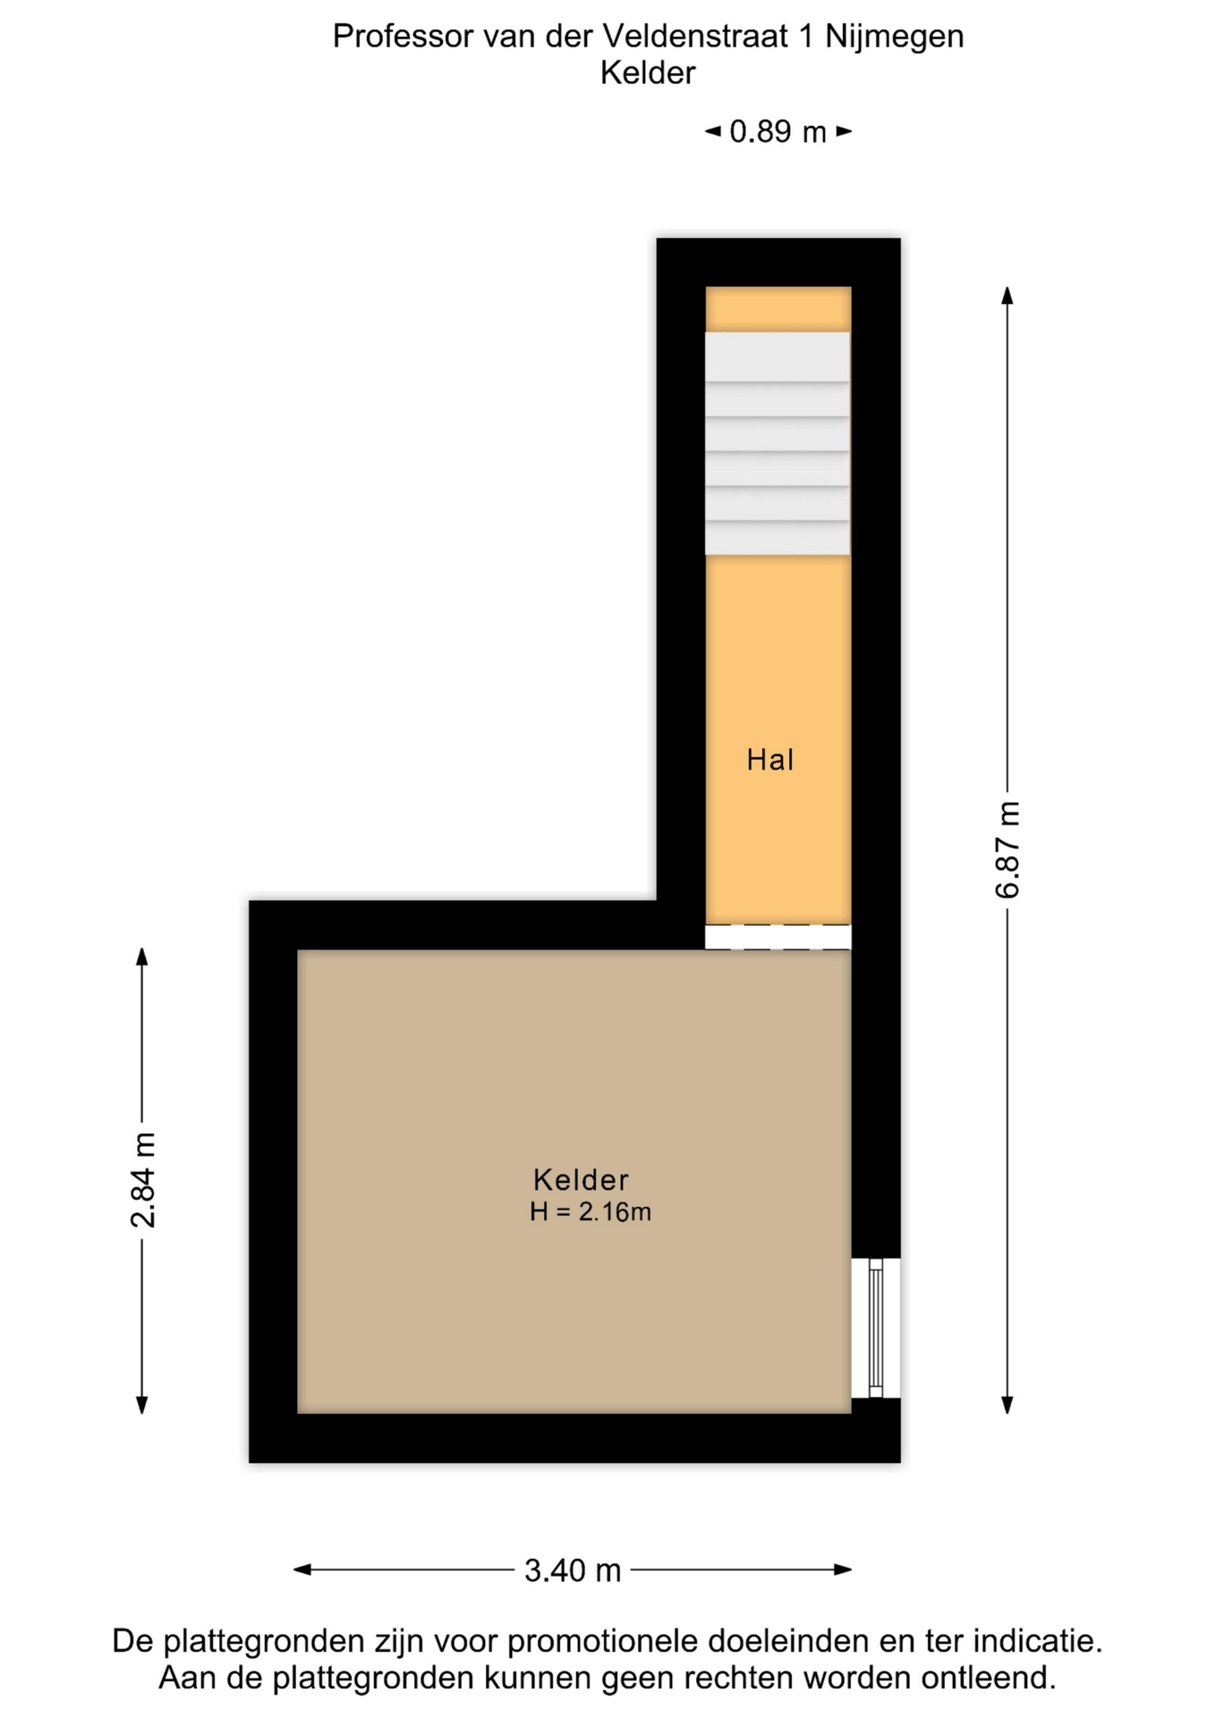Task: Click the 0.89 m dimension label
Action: click(777, 132)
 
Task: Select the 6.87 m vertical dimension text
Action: click(1007, 849)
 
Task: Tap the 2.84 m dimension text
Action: click(143, 1179)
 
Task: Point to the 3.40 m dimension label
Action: click(573, 1569)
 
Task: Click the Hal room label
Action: click(770, 760)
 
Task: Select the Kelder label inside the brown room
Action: click(581, 1179)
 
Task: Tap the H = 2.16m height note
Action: click(591, 1212)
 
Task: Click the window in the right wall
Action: click(876, 1328)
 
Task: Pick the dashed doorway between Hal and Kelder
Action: click(777, 936)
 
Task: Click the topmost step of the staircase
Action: click(777, 357)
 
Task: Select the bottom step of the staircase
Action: click(777, 538)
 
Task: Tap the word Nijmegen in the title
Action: click(895, 37)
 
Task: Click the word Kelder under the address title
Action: click(648, 73)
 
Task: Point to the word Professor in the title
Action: click(404, 37)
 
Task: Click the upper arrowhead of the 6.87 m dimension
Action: click(1007, 296)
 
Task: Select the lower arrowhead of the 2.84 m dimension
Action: click(141, 1404)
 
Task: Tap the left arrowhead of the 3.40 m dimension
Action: click(303, 1569)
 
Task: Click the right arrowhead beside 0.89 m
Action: click(844, 132)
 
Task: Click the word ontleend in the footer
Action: click(989, 1678)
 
